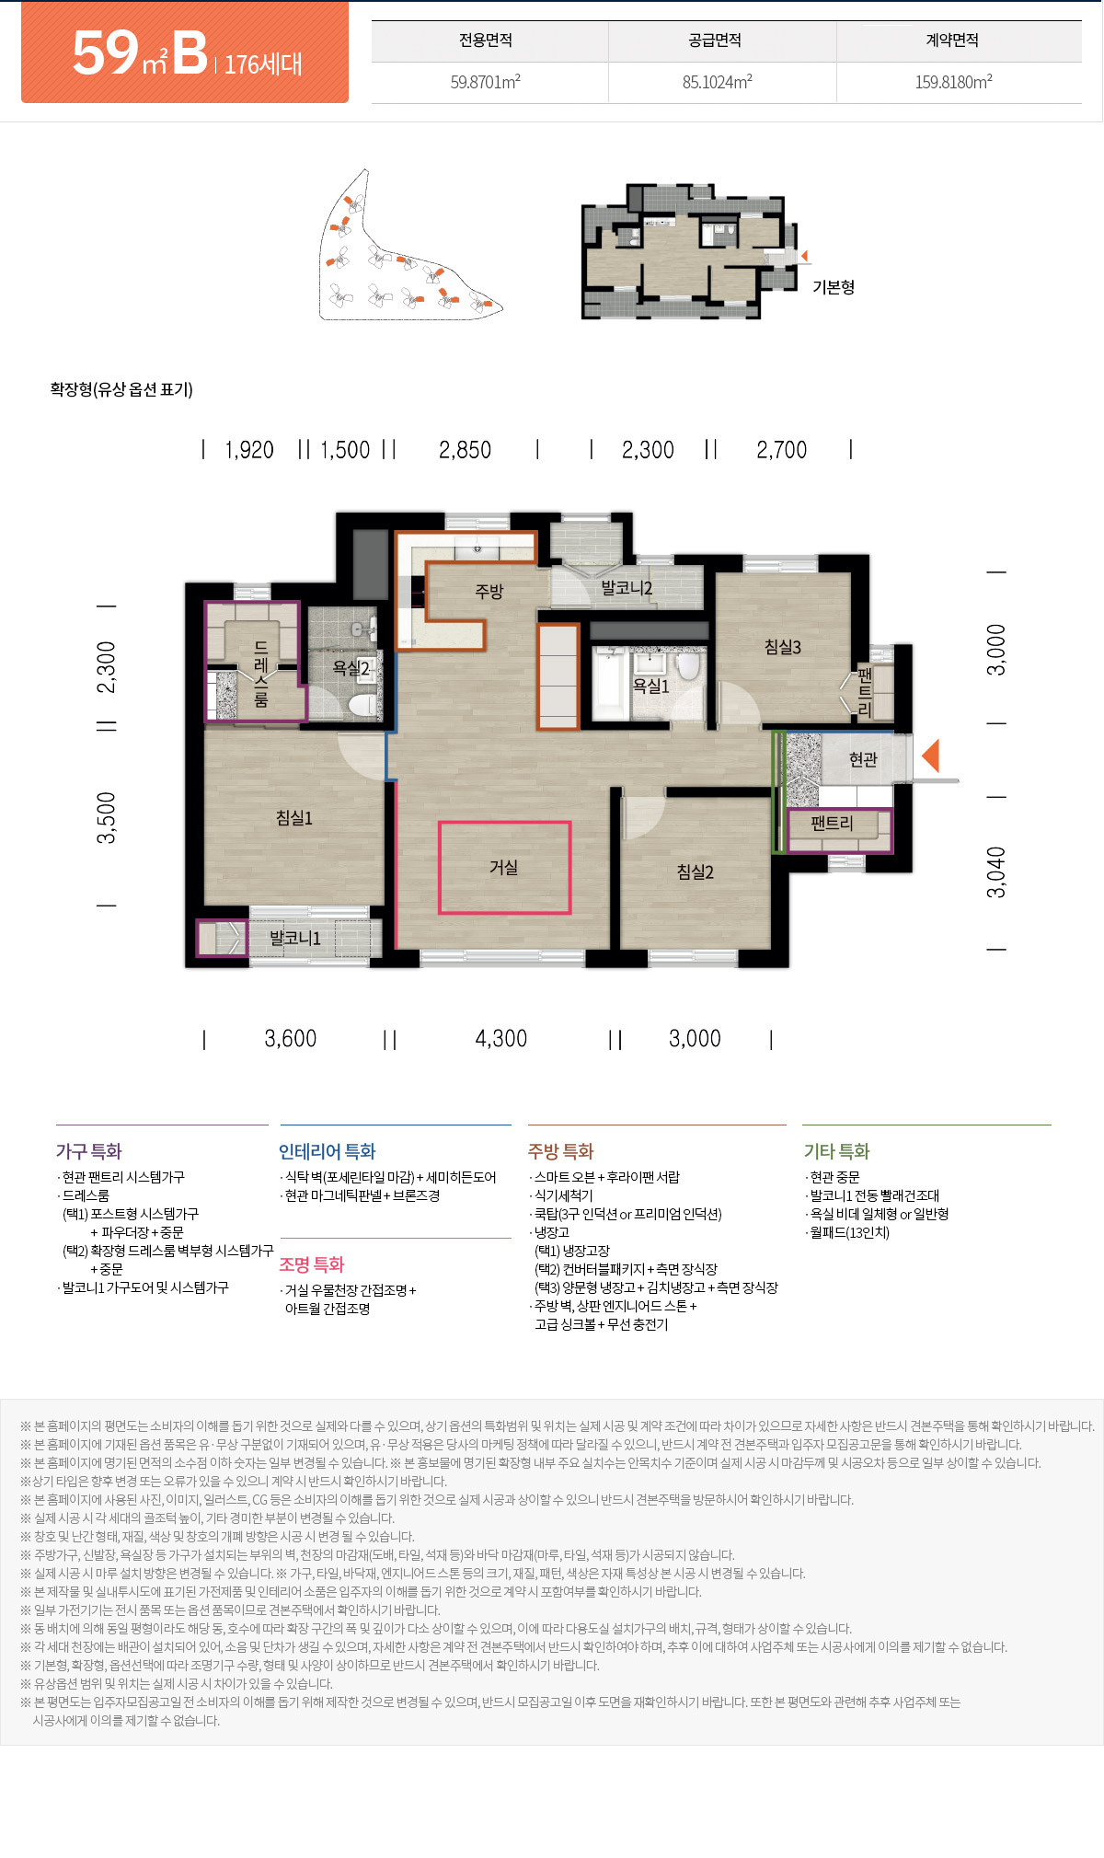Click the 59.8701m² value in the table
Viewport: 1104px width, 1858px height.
(485, 82)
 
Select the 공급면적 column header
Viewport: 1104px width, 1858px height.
(715, 40)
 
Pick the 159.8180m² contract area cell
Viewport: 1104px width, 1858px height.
(953, 82)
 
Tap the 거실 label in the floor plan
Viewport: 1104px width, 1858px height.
(503, 867)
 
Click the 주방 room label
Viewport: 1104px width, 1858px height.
(489, 591)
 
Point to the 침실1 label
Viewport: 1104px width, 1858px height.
(294, 817)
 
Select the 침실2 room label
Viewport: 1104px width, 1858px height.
(696, 871)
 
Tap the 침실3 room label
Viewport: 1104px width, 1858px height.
(783, 647)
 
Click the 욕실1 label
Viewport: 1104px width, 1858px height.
(650, 686)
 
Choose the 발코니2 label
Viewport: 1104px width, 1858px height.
(627, 587)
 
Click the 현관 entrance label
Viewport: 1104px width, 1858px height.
(863, 759)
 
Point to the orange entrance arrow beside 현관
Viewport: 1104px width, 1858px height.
(930, 756)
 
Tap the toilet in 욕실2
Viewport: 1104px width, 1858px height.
(362, 704)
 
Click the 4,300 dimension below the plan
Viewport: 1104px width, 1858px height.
(501, 1039)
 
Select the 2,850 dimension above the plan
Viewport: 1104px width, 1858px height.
(465, 450)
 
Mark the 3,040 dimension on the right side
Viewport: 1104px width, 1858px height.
(996, 872)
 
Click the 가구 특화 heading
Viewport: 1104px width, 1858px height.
(88, 1151)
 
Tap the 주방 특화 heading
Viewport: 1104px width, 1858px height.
(561, 1151)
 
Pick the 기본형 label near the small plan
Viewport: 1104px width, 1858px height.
(834, 287)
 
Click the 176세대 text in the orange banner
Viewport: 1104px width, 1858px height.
(263, 63)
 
